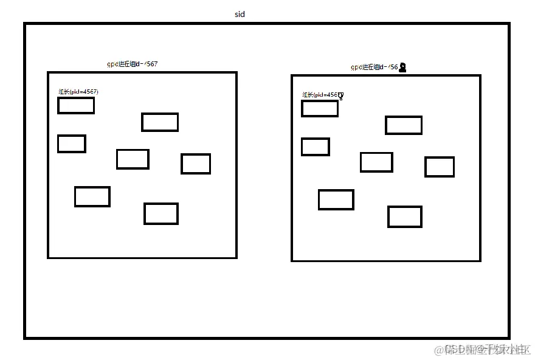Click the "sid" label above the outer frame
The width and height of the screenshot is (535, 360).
point(240,14)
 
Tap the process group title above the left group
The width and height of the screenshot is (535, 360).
point(132,64)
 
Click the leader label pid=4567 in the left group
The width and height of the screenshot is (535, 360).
point(78,92)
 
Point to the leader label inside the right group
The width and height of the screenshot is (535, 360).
point(322,95)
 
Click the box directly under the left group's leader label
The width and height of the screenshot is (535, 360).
point(76,105)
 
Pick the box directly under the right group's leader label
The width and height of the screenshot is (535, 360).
point(320,109)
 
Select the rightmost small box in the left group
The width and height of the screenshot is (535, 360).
point(196,164)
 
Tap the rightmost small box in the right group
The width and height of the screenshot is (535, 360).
point(440,167)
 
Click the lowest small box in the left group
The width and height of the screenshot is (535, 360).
point(161,213)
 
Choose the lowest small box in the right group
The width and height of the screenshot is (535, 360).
point(405,216)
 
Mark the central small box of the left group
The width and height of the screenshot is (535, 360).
point(133,159)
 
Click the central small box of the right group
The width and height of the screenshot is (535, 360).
point(376,162)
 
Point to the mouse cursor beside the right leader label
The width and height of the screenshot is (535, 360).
point(341,96)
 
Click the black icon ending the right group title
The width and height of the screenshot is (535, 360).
point(402,67)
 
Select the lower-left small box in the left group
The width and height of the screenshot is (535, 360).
point(92,196)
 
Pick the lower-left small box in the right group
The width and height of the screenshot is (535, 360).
point(336,199)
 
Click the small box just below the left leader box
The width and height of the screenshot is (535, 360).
point(72,144)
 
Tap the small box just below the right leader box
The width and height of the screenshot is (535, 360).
point(316,147)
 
